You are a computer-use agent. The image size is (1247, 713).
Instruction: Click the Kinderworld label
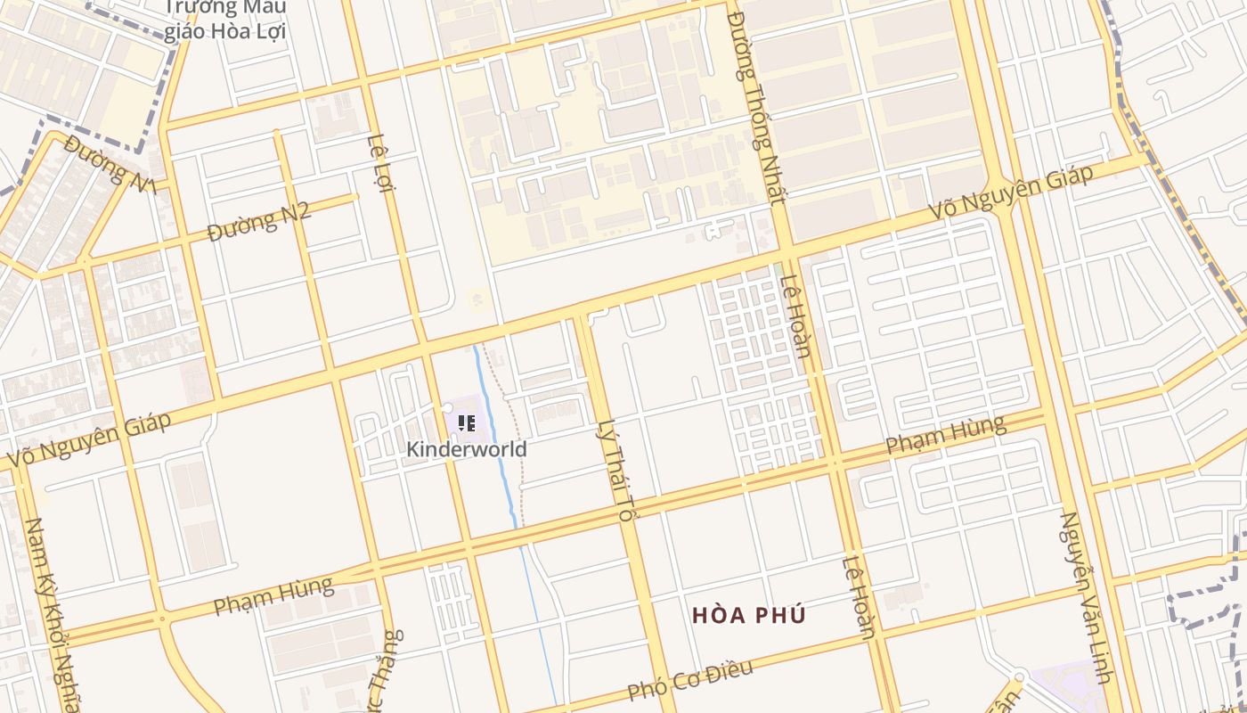(x=466, y=448)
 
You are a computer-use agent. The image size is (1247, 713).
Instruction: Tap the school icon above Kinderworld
(x=466, y=423)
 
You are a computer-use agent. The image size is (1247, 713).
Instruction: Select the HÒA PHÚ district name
(x=748, y=615)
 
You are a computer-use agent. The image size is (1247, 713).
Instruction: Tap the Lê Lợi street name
(x=380, y=161)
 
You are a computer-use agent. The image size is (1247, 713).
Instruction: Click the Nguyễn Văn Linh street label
(x=1086, y=597)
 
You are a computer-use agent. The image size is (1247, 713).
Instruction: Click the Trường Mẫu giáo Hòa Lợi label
(x=224, y=20)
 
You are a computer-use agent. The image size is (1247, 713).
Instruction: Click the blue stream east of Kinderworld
(x=499, y=446)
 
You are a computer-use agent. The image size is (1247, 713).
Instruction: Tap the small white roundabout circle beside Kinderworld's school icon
(x=447, y=407)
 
